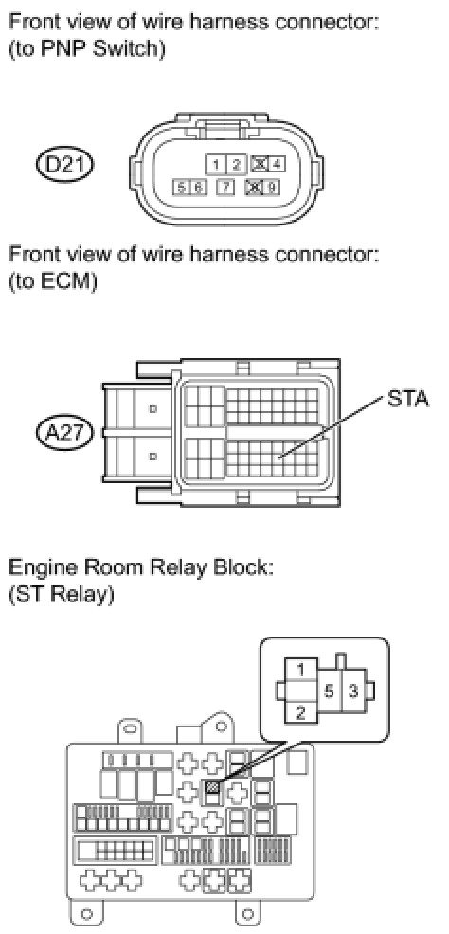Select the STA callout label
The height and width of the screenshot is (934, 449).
[x=408, y=399]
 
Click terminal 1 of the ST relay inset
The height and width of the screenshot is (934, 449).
[x=300, y=671]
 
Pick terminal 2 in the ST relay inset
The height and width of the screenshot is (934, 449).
[x=300, y=711]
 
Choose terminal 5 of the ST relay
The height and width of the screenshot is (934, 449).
[x=328, y=692]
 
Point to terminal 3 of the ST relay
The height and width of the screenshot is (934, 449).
[x=352, y=692]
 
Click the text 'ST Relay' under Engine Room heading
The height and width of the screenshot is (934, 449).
[x=61, y=596]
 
